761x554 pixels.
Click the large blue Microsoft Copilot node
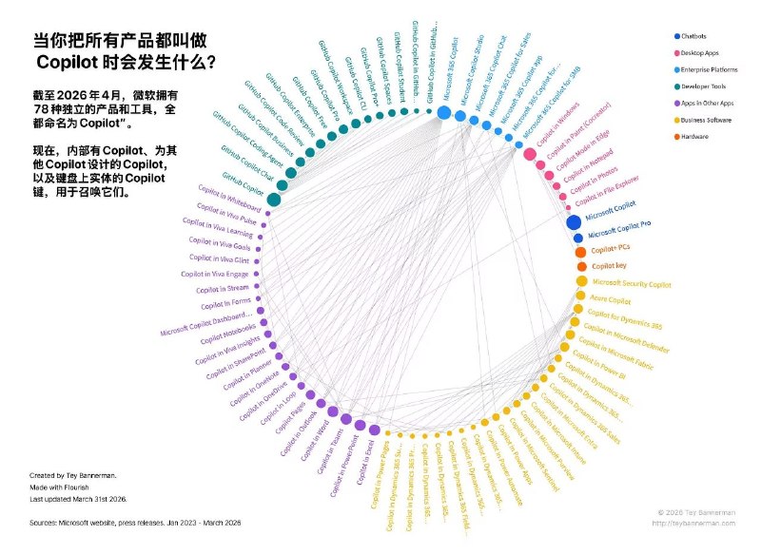pos(574,222)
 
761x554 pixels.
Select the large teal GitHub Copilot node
pos(273,199)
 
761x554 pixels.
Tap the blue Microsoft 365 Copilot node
pos(443,113)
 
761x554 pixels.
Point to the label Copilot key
pos(609,266)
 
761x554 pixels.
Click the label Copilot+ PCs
pos(612,249)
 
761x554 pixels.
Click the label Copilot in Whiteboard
pos(228,206)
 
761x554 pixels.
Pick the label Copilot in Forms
pos(225,303)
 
